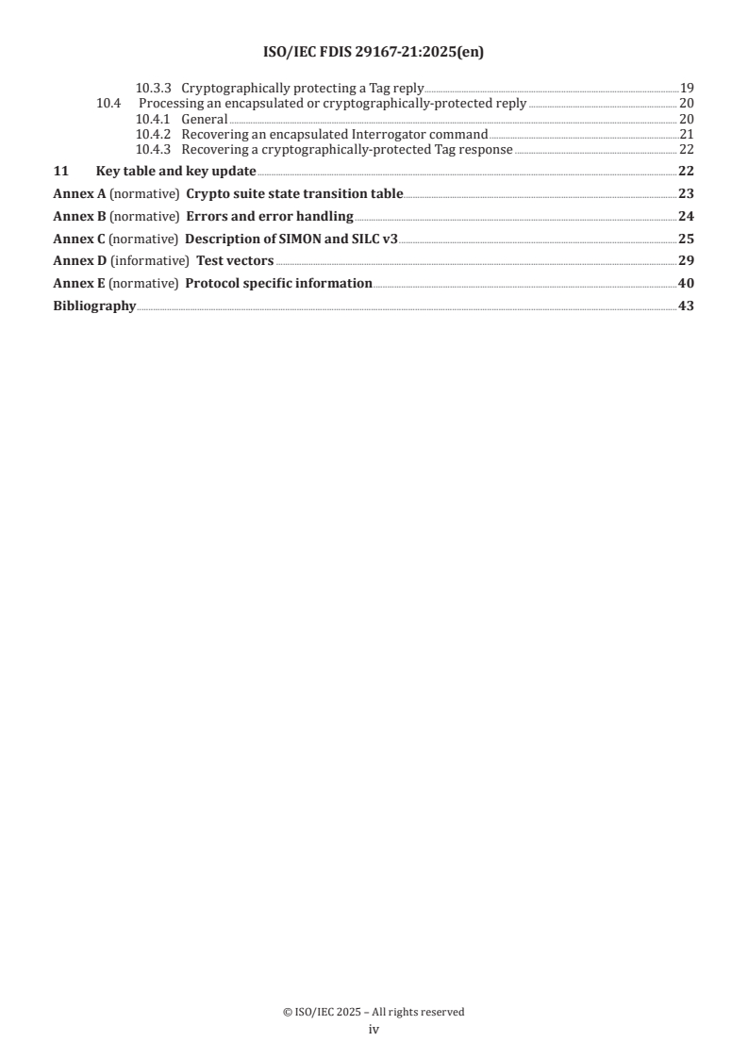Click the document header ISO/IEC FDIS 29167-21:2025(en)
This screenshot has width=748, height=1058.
tap(374, 53)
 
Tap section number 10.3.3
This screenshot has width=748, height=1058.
tap(152, 88)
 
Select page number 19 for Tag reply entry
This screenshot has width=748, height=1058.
tap(687, 88)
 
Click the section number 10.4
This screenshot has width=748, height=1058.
tap(110, 104)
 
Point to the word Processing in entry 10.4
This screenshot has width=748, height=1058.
tap(171, 104)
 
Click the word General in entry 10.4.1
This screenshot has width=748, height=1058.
tap(205, 119)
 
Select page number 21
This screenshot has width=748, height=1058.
tap(687, 134)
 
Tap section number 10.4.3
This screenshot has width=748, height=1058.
tap(152, 149)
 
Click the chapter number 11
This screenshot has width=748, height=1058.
tap(59, 171)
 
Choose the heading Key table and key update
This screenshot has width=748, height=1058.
tap(176, 171)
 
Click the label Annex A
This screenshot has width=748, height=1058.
tap(79, 193)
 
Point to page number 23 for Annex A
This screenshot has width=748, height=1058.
tap(686, 193)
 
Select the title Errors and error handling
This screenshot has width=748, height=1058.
tap(270, 216)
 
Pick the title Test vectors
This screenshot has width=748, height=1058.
tap(235, 260)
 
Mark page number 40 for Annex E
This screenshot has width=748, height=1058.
tap(686, 283)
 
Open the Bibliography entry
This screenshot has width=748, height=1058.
tap(94, 306)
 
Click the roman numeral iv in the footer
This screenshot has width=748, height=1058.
tap(374, 1030)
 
